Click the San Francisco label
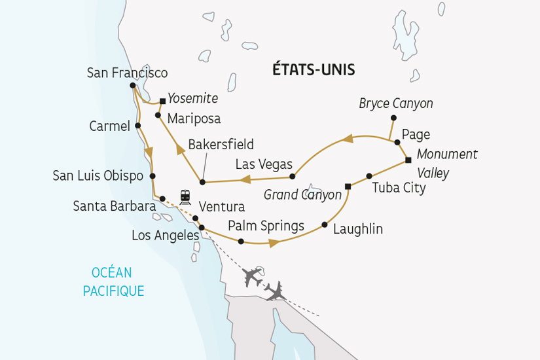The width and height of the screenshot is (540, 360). pos(127,73)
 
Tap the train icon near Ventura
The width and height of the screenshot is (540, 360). pos(185,196)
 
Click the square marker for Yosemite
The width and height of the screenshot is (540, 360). pos(162,101)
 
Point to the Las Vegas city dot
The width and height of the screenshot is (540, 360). pos(293,176)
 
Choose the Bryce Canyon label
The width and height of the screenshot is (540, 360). pos(396,103)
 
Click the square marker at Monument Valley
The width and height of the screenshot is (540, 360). pos(408,160)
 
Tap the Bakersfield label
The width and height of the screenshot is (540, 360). pos(221,144)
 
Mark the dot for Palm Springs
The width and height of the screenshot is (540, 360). pos(241,242)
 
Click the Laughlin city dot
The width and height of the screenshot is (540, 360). pos(325,225)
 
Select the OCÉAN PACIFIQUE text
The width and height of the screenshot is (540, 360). pos(113,281)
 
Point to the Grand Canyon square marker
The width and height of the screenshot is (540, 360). pos(348,187)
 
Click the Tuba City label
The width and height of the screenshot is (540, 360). pos(399,189)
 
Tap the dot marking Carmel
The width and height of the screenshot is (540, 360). pos(137,126)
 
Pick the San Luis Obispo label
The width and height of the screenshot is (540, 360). pos(99,175)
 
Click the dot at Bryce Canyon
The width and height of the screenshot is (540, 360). pos(393,118)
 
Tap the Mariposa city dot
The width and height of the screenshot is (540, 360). pos(158,115)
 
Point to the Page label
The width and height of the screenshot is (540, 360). pos(416,135)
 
